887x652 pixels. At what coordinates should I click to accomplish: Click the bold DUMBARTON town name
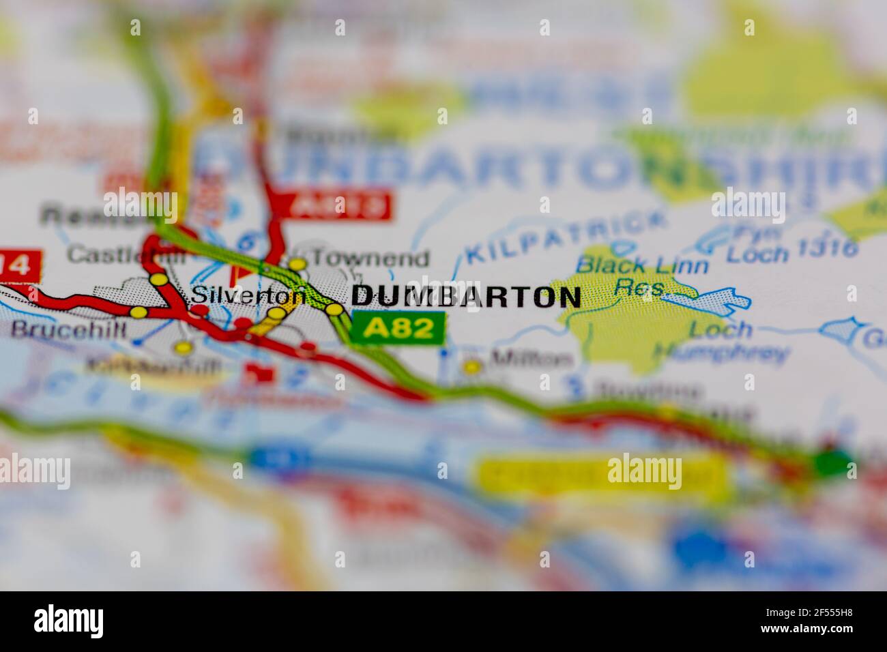pos(466,297)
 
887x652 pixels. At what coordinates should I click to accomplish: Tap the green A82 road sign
pos(399,328)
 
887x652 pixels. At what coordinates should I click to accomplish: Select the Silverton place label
pos(248,295)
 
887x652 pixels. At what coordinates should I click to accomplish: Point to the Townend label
pos(372,259)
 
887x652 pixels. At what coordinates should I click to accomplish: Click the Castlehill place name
pos(126,256)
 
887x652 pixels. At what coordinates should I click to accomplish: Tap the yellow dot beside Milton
pos(471,367)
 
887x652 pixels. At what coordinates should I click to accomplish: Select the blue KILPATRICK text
pos(566,237)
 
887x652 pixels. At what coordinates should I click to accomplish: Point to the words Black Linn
pos(642,265)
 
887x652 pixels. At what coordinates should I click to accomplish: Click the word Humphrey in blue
pos(721,353)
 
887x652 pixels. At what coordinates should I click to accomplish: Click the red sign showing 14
pos(19,265)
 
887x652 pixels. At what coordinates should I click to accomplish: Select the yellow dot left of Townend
pos(297,263)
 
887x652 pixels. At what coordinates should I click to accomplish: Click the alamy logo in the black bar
pos(68,621)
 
